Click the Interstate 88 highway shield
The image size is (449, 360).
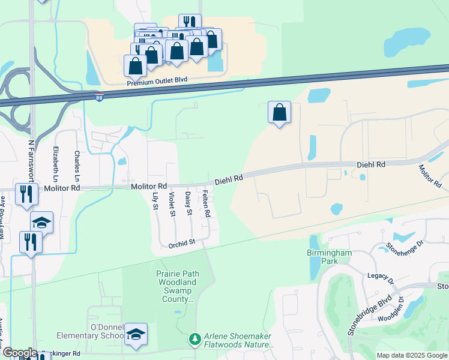[x=99, y=97]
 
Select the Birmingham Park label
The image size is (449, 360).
[x=329, y=257]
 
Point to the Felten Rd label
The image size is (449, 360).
[x=206, y=204]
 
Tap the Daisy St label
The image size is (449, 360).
[x=188, y=204]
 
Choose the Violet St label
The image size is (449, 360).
[x=172, y=204]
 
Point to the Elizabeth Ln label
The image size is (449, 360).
[x=56, y=164]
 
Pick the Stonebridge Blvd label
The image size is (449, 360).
[x=369, y=314]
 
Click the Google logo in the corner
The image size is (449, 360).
[x=19, y=353]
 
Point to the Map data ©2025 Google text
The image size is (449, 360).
[x=412, y=355]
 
